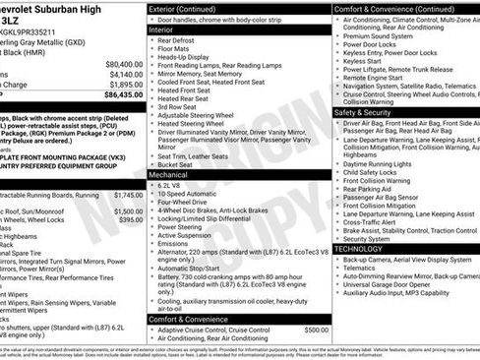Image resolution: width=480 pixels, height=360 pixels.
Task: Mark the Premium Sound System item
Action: [x=387, y=34]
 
